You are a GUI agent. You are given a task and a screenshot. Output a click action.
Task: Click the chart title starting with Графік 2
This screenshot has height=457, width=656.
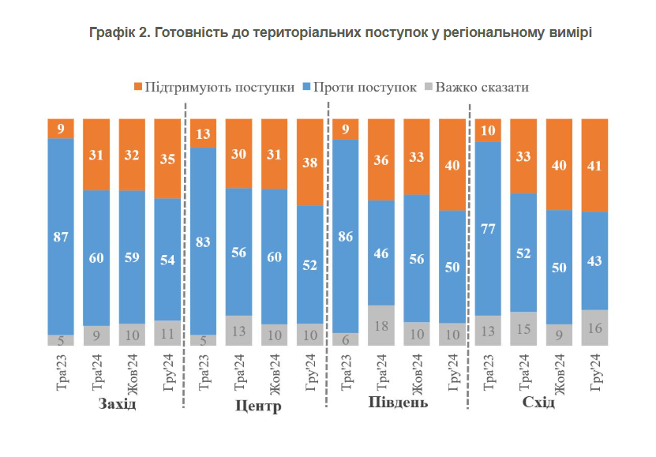[x=340, y=32]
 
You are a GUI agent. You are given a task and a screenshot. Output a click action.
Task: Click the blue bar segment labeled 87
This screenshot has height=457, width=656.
[x=61, y=236]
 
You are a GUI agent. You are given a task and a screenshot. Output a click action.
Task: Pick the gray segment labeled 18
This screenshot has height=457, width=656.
[x=381, y=325]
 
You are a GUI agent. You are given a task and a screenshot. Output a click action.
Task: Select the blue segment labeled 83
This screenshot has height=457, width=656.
[x=203, y=242]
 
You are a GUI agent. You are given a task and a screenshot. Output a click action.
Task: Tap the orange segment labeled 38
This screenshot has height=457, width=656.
[x=310, y=162]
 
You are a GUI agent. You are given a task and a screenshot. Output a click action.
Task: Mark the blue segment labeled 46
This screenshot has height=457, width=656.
[x=381, y=253]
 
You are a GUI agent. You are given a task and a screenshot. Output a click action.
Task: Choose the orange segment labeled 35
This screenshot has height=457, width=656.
[x=167, y=158]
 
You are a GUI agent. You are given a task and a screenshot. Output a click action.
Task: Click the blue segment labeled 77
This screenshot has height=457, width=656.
[x=488, y=229]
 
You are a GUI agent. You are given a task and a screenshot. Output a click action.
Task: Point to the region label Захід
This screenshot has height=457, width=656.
[x=117, y=404]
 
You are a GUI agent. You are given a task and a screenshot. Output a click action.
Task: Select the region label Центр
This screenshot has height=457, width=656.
[x=258, y=407]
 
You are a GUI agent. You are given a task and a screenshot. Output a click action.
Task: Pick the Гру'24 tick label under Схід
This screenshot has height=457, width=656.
[x=594, y=373]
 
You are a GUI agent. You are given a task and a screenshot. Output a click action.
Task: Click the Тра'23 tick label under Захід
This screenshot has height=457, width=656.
[x=62, y=373]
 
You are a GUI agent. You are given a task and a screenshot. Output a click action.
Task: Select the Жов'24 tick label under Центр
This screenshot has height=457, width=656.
[x=275, y=373]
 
